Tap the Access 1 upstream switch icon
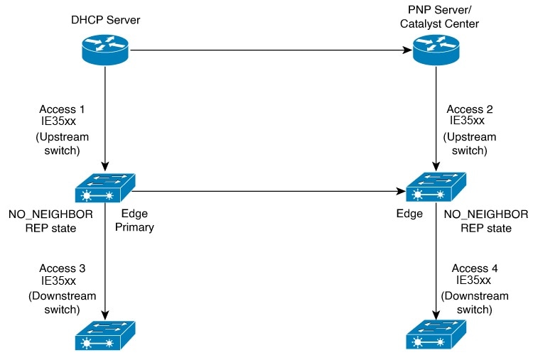coord(105,188)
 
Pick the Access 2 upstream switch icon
coord(436,187)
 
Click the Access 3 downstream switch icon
coord(105,335)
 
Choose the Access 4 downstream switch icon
coord(436,334)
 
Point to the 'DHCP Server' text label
coord(106,20)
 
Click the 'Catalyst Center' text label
coord(439,23)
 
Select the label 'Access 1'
coord(62,109)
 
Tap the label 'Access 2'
coord(470,109)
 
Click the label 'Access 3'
coord(63,268)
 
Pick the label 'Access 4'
coord(475,268)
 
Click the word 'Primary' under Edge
coord(134,227)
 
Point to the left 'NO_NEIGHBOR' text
coord(50,214)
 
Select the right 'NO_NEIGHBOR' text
coord(486,214)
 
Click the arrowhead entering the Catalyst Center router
coord(408,50)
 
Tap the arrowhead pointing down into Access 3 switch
coord(105,315)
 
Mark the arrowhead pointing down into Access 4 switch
coord(436,315)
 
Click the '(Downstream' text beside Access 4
coord(475,296)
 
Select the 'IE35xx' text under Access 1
coord(58,121)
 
